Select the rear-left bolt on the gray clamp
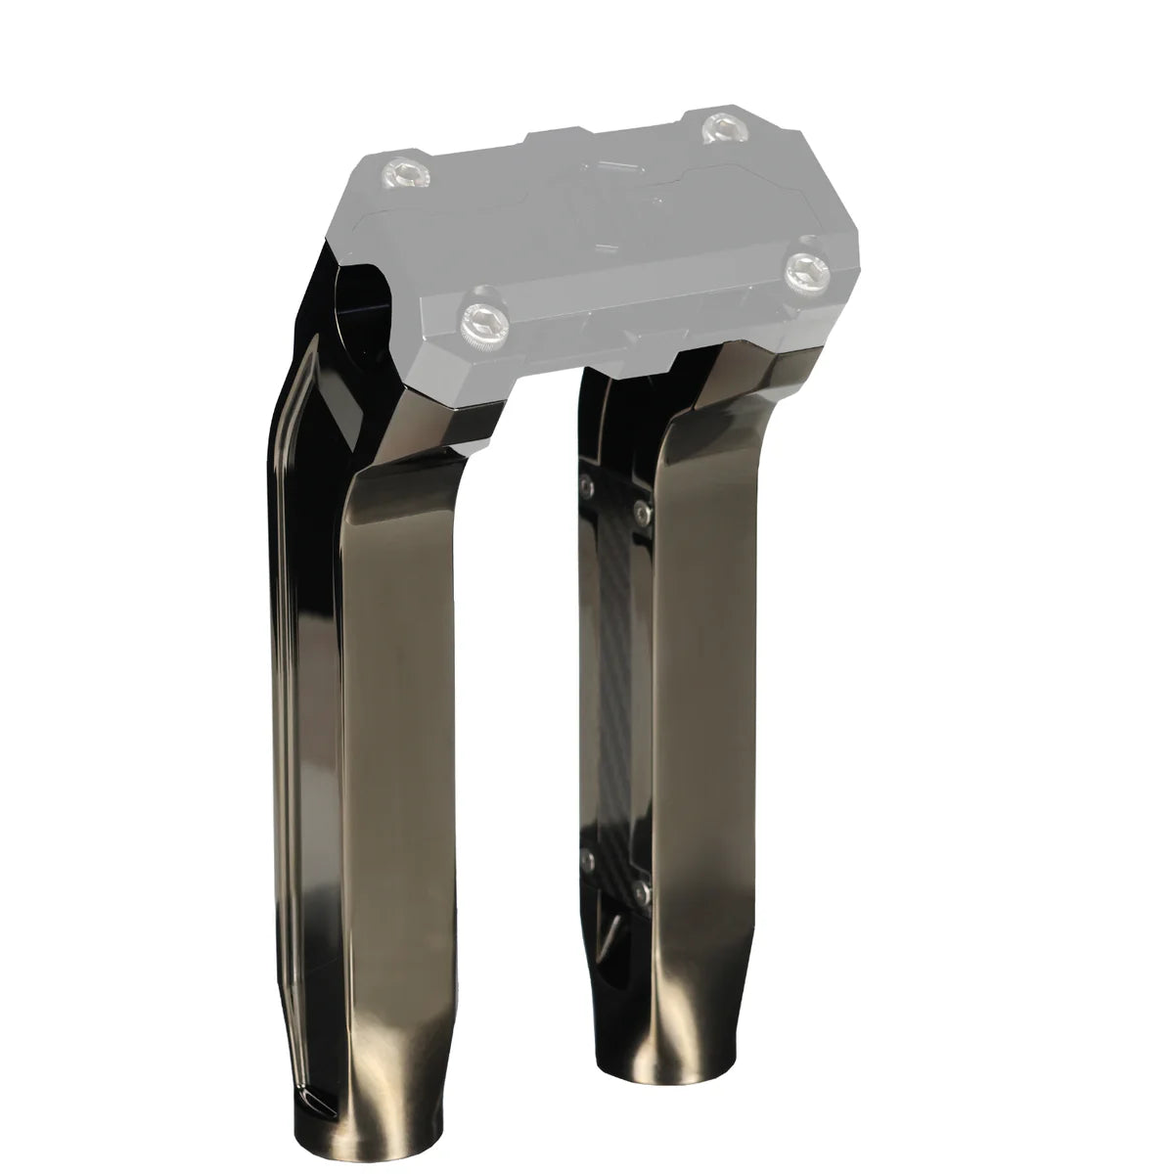pyautogui.click(x=403, y=172)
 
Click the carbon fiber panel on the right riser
pyautogui.click(x=613, y=675)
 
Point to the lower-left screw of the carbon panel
pyautogui.click(x=587, y=857)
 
